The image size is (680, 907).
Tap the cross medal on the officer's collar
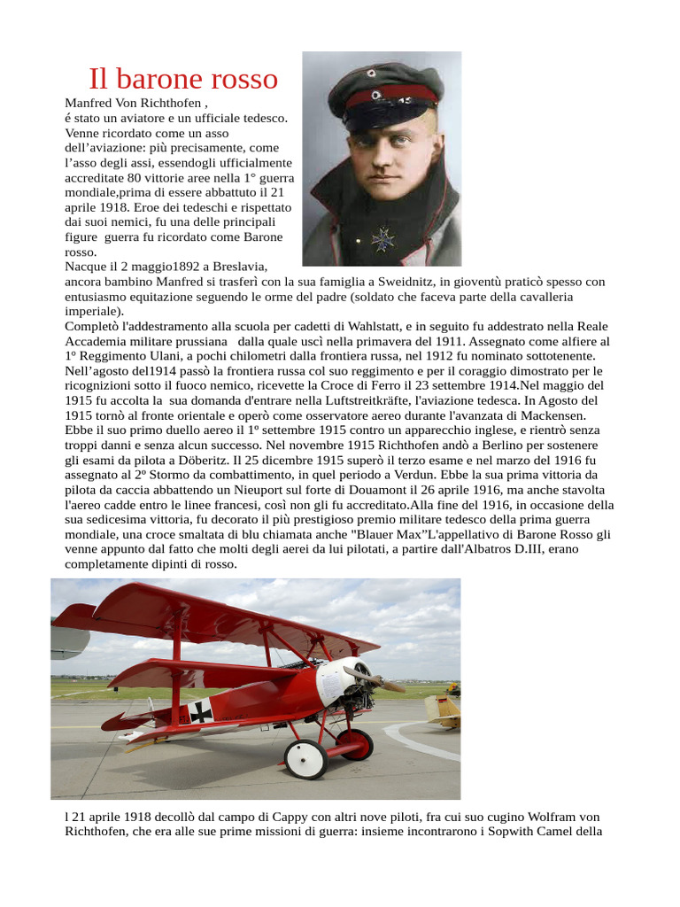(383, 237)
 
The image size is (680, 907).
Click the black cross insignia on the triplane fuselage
(202, 710)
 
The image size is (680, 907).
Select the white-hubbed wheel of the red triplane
(306, 758)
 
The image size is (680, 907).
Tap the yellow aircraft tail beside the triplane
(444, 708)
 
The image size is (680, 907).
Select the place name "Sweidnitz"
(400, 282)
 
